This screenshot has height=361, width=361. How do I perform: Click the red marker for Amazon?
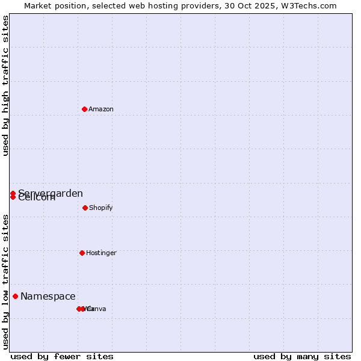pyautogui.click(x=84, y=109)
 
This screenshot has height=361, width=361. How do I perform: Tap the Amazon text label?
pyautogui.click(x=101, y=110)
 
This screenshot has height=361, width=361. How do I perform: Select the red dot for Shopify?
pyautogui.click(x=85, y=208)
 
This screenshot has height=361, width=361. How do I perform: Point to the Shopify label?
pyautogui.click(x=101, y=208)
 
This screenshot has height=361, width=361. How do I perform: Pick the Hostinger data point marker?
pyautogui.click(x=82, y=253)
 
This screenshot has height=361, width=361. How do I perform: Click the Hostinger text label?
pyautogui.click(x=101, y=253)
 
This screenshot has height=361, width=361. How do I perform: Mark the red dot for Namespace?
pyautogui.click(x=15, y=296)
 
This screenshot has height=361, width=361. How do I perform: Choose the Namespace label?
pyautogui.click(x=48, y=297)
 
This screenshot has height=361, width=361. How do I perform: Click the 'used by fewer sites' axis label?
pyautogui.click(x=62, y=356)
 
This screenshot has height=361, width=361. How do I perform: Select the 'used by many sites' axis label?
pyautogui.click(x=302, y=356)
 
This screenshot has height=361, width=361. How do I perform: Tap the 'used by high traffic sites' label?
pyautogui.click(x=6, y=85)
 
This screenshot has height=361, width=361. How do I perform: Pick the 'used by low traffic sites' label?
pyautogui.click(x=6, y=282)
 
